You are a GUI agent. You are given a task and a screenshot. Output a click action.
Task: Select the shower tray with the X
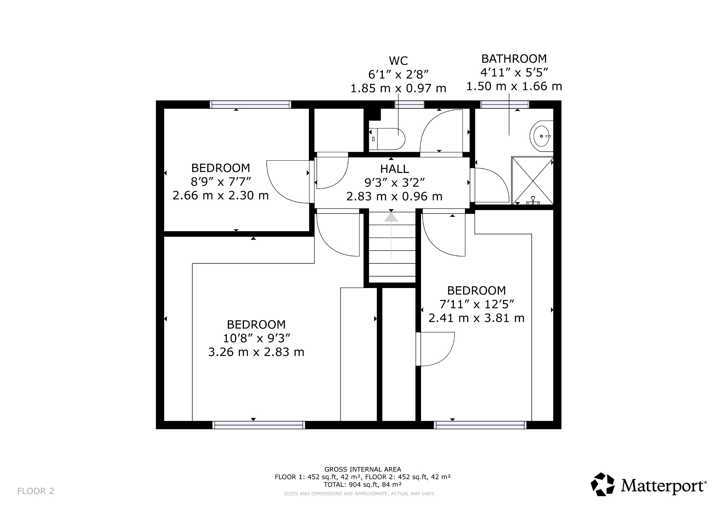click(x=532, y=181)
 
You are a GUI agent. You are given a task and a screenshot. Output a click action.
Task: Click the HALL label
click(x=394, y=169)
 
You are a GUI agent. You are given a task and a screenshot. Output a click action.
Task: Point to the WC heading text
click(x=398, y=61)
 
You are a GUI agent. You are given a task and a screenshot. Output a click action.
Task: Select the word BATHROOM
click(x=514, y=58)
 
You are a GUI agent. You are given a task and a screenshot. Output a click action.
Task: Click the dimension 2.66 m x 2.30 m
click(x=221, y=195)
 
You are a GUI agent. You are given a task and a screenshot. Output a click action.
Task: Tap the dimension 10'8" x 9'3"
click(x=256, y=338)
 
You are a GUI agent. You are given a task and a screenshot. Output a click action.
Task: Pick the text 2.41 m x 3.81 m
click(x=476, y=318)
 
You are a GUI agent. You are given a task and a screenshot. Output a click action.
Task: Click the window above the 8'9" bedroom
click(x=250, y=104)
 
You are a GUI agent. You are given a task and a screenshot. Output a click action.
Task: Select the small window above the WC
click(x=409, y=104)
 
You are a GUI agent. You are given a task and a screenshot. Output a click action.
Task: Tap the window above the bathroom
click(x=504, y=104)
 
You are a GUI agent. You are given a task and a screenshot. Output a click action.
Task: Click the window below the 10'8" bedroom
click(x=259, y=425)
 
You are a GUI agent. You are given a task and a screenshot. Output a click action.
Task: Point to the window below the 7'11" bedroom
click(x=480, y=425)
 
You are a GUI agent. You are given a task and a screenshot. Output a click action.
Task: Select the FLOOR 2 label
click(x=36, y=491)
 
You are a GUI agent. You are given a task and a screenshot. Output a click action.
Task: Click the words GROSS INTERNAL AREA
click(x=363, y=469)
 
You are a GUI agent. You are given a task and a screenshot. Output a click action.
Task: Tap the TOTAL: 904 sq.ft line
click(x=363, y=484)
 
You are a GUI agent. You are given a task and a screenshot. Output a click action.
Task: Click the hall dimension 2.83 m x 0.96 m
click(x=394, y=196)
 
